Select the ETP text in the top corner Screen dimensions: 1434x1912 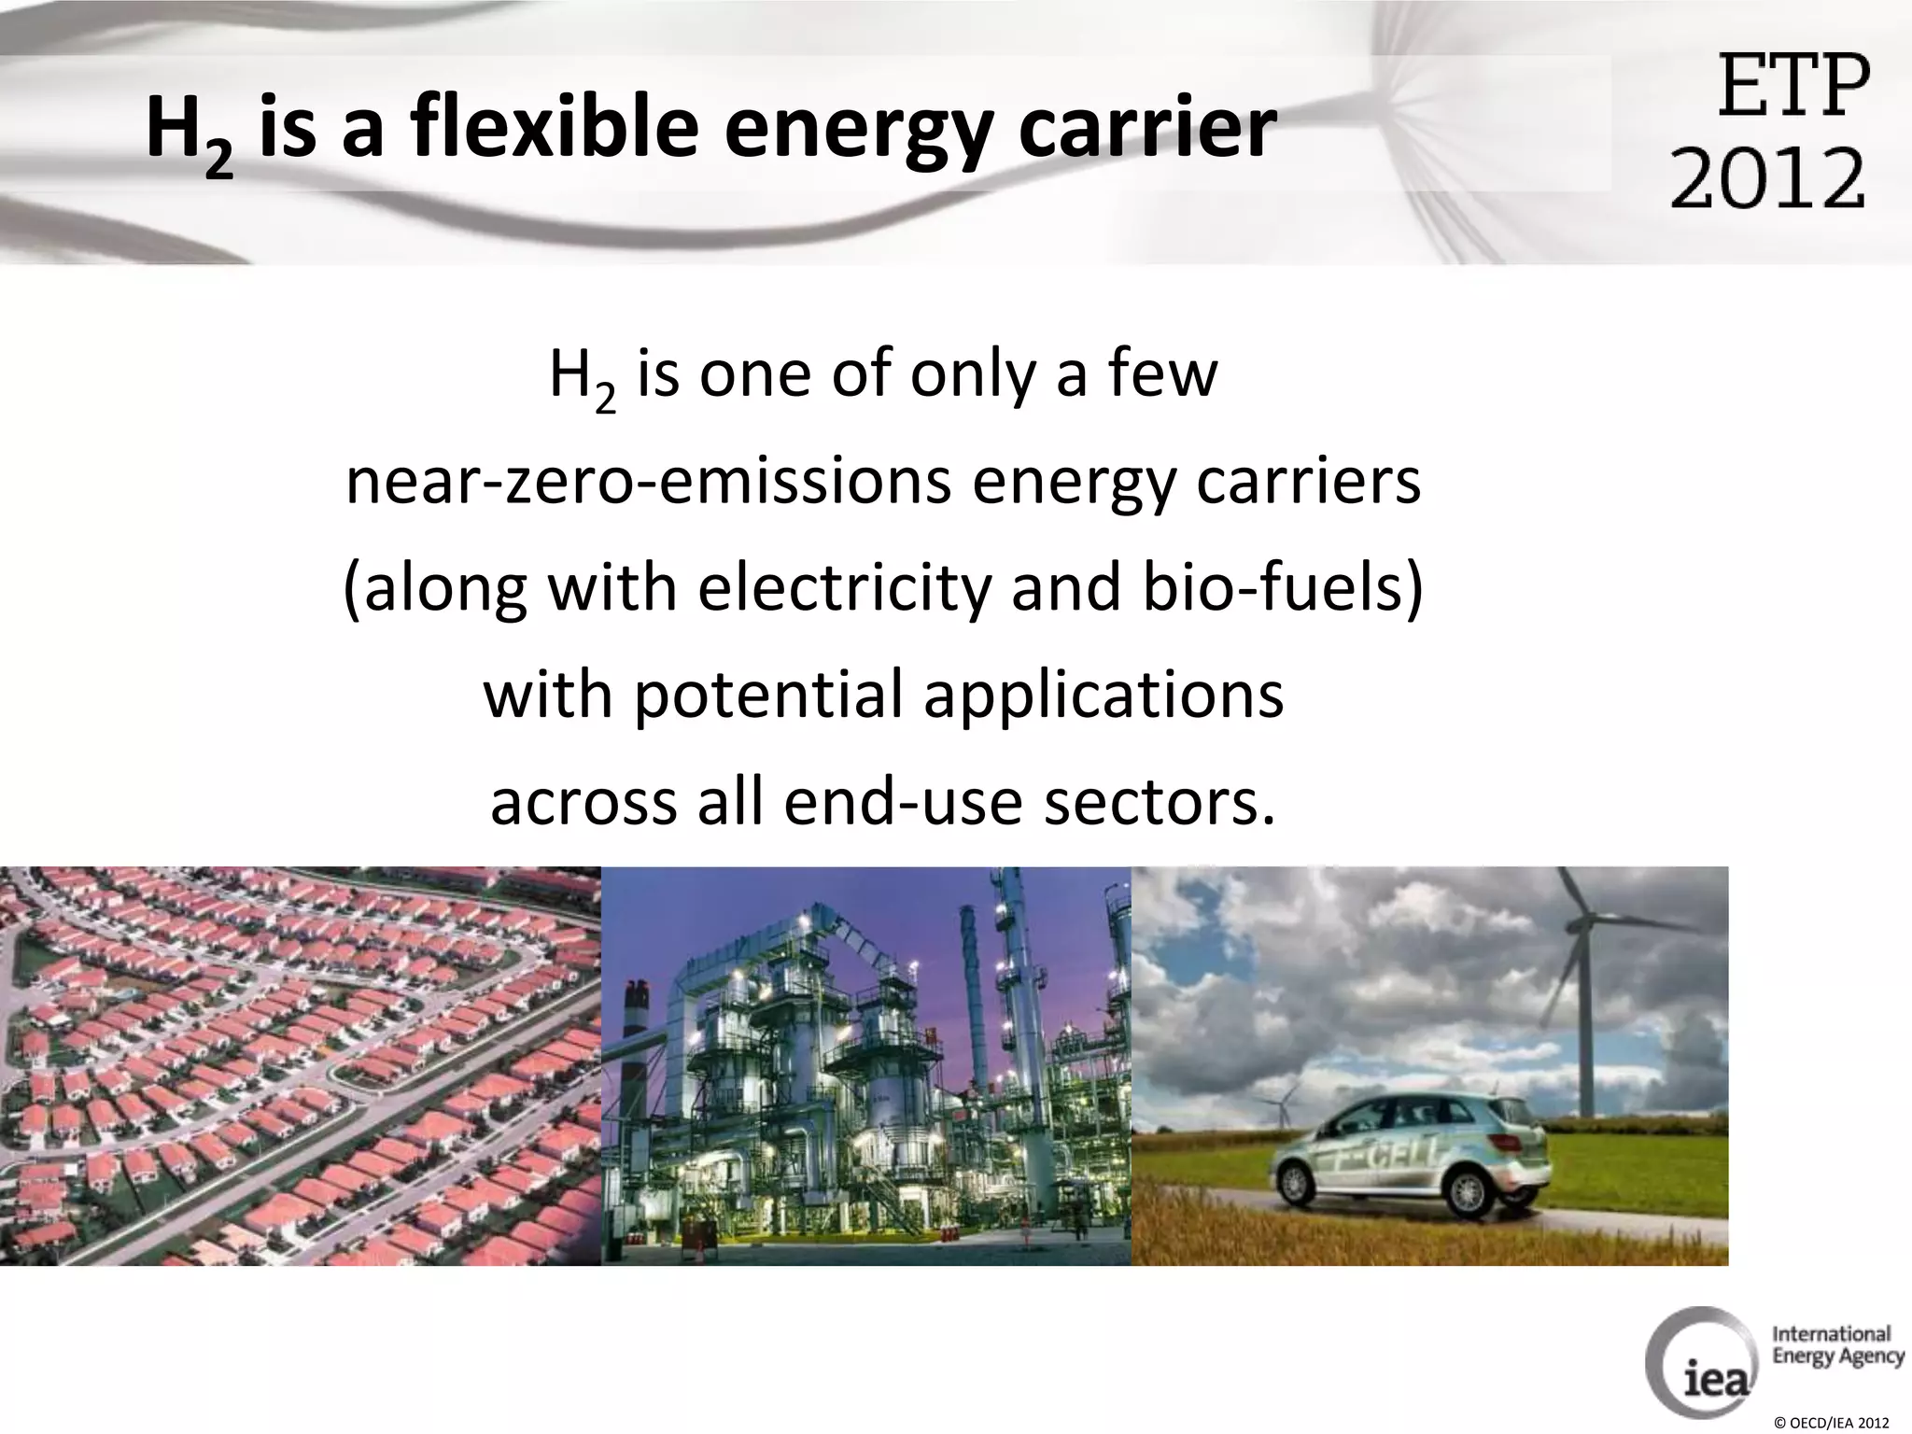(1793, 86)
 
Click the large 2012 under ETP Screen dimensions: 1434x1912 (1767, 177)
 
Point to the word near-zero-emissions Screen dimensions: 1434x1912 (648, 482)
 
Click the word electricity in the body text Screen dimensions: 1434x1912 (842, 589)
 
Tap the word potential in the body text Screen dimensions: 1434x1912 (768, 696)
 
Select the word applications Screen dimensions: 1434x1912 (1104, 696)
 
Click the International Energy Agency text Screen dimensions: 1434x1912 (1837, 1345)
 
